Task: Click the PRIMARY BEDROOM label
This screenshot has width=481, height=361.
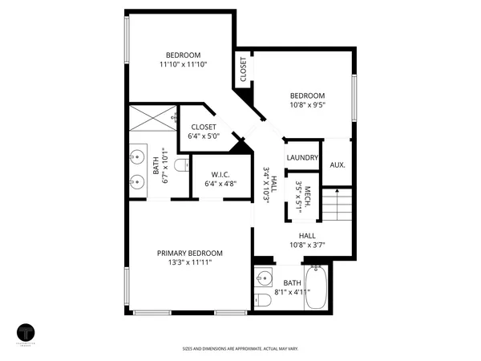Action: point(189,253)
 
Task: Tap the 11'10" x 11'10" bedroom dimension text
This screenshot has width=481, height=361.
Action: point(183,64)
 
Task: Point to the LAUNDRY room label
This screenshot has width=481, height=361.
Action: point(302,158)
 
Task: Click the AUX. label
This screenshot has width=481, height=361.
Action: point(338,164)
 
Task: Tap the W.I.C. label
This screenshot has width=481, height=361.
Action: point(221,175)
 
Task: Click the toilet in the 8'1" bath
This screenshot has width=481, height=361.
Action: point(262,301)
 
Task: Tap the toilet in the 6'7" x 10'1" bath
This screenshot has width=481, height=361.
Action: point(181,165)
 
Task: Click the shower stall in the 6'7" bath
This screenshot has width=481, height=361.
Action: point(153,117)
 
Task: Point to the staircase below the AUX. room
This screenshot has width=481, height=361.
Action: point(337,205)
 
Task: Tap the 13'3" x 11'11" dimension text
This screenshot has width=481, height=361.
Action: point(189,262)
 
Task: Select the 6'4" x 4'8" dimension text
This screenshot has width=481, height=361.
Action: point(221,185)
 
